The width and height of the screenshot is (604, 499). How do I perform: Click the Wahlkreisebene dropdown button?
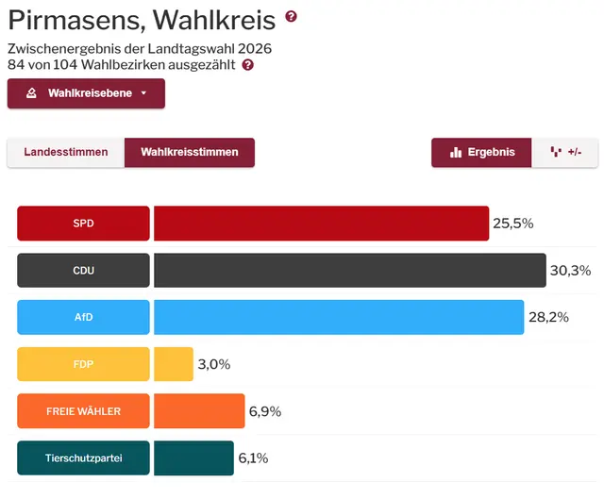point(86,93)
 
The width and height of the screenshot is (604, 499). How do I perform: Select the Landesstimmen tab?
point(66,152)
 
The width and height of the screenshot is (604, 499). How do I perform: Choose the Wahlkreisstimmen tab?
point(190,152)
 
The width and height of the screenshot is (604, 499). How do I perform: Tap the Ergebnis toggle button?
point(482,152)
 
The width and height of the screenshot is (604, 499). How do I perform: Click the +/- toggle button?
point(565,152)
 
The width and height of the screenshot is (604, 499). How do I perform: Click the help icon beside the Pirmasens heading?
point(291,16)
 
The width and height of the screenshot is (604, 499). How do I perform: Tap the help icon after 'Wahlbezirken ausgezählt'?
point(247,65)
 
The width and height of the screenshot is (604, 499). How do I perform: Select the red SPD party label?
point(83,224)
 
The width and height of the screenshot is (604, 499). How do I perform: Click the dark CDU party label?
point(83,271)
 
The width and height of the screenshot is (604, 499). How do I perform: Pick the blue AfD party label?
point(83,317)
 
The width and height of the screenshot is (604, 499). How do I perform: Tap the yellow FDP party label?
point(83,364)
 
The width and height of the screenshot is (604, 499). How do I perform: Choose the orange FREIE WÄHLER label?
point(83,411)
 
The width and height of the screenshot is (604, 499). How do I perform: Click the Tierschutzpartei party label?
point(83,458)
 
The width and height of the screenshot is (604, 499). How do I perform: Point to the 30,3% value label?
point(571,271)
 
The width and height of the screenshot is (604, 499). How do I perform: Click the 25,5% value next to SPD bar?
point(513,224)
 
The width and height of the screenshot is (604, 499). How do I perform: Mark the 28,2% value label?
point(548,317)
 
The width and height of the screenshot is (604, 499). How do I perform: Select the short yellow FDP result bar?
point(174,364)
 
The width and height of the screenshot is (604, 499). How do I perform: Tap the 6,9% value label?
point(265,411)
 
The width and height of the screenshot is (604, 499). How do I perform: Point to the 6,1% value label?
point(253,458)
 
